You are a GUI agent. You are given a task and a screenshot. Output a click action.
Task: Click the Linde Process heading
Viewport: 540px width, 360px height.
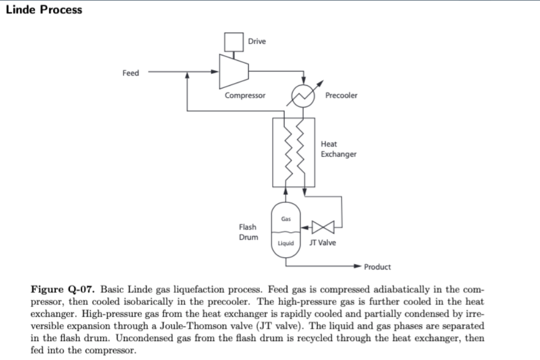pos(44,10)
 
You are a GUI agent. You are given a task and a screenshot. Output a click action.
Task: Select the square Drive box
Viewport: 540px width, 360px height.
pos(234,41)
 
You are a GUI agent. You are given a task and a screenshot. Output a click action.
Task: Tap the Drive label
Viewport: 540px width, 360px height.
pos(257,42)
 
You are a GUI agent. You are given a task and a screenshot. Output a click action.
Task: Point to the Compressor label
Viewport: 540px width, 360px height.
pos(245,95)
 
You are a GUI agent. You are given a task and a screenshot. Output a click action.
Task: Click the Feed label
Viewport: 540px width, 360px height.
pos(131,73)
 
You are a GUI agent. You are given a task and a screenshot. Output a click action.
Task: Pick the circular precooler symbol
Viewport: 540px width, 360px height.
pos(304,97)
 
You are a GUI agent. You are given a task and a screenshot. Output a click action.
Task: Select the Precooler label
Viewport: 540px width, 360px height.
pos(341,95)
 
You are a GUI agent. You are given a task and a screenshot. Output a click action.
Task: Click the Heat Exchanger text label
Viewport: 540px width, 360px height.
pos(338,149)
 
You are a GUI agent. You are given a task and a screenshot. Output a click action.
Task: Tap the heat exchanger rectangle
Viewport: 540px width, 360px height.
pos(293,151)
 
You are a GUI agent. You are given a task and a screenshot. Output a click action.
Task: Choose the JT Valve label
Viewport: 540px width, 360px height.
pos(322,243)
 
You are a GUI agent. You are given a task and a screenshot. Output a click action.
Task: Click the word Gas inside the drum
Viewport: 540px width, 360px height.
pos(286,219)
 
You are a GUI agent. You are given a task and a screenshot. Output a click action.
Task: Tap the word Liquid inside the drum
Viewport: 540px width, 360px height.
pos(286,243)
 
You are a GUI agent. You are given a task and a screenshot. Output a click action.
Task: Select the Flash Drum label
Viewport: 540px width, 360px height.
pos(248,232)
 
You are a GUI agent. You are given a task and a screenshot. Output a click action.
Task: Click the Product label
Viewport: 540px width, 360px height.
pos(377,267)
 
